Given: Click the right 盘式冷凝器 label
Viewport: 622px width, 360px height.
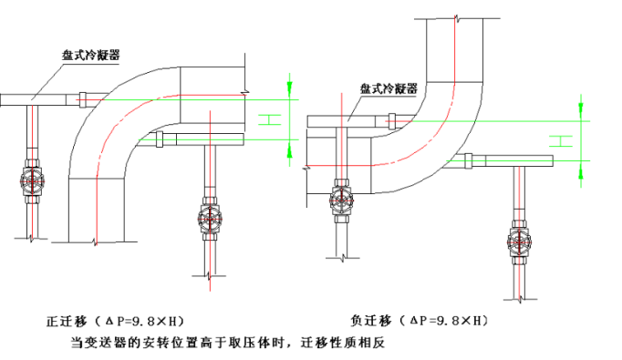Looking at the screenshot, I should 389,88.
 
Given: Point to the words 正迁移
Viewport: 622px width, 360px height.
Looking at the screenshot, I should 66,322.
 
